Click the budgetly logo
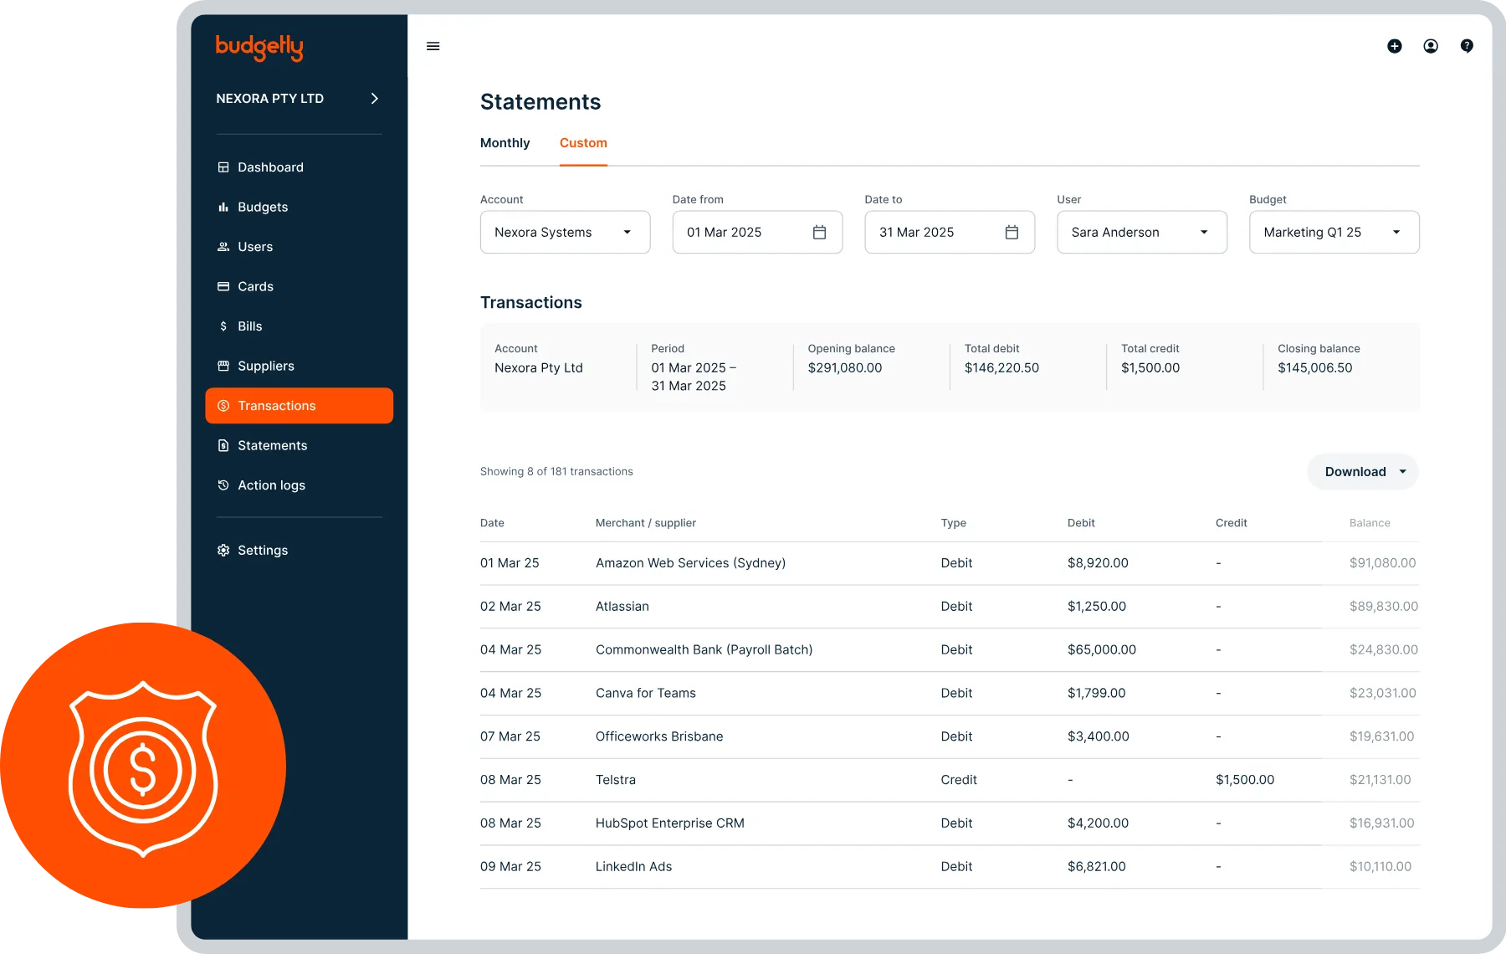[x=259, y=48]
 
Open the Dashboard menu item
[x=270, y=167]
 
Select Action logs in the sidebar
[x=271, y=485]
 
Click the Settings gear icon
[x=223, y=551]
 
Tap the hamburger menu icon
[x=433, y=46]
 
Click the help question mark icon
[x=1467, y=46]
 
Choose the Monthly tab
[x=505, y=143]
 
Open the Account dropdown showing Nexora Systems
[x=565, y=233]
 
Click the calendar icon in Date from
[x=819, y=233]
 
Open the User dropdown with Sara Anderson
[x=1141, y=233]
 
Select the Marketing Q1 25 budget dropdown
[x=1334, y=233]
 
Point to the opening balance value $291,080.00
[x=844, y=368]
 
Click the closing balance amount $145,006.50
[x=1314, y=368]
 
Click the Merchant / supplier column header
[x=645, y=523]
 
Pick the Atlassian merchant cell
[x=622, y=607]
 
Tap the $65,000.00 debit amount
[x=1101, y=650]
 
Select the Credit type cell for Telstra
[x=958, y=780]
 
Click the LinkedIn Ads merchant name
[x=633, y=867]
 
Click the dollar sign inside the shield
[x=143, y=768]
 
